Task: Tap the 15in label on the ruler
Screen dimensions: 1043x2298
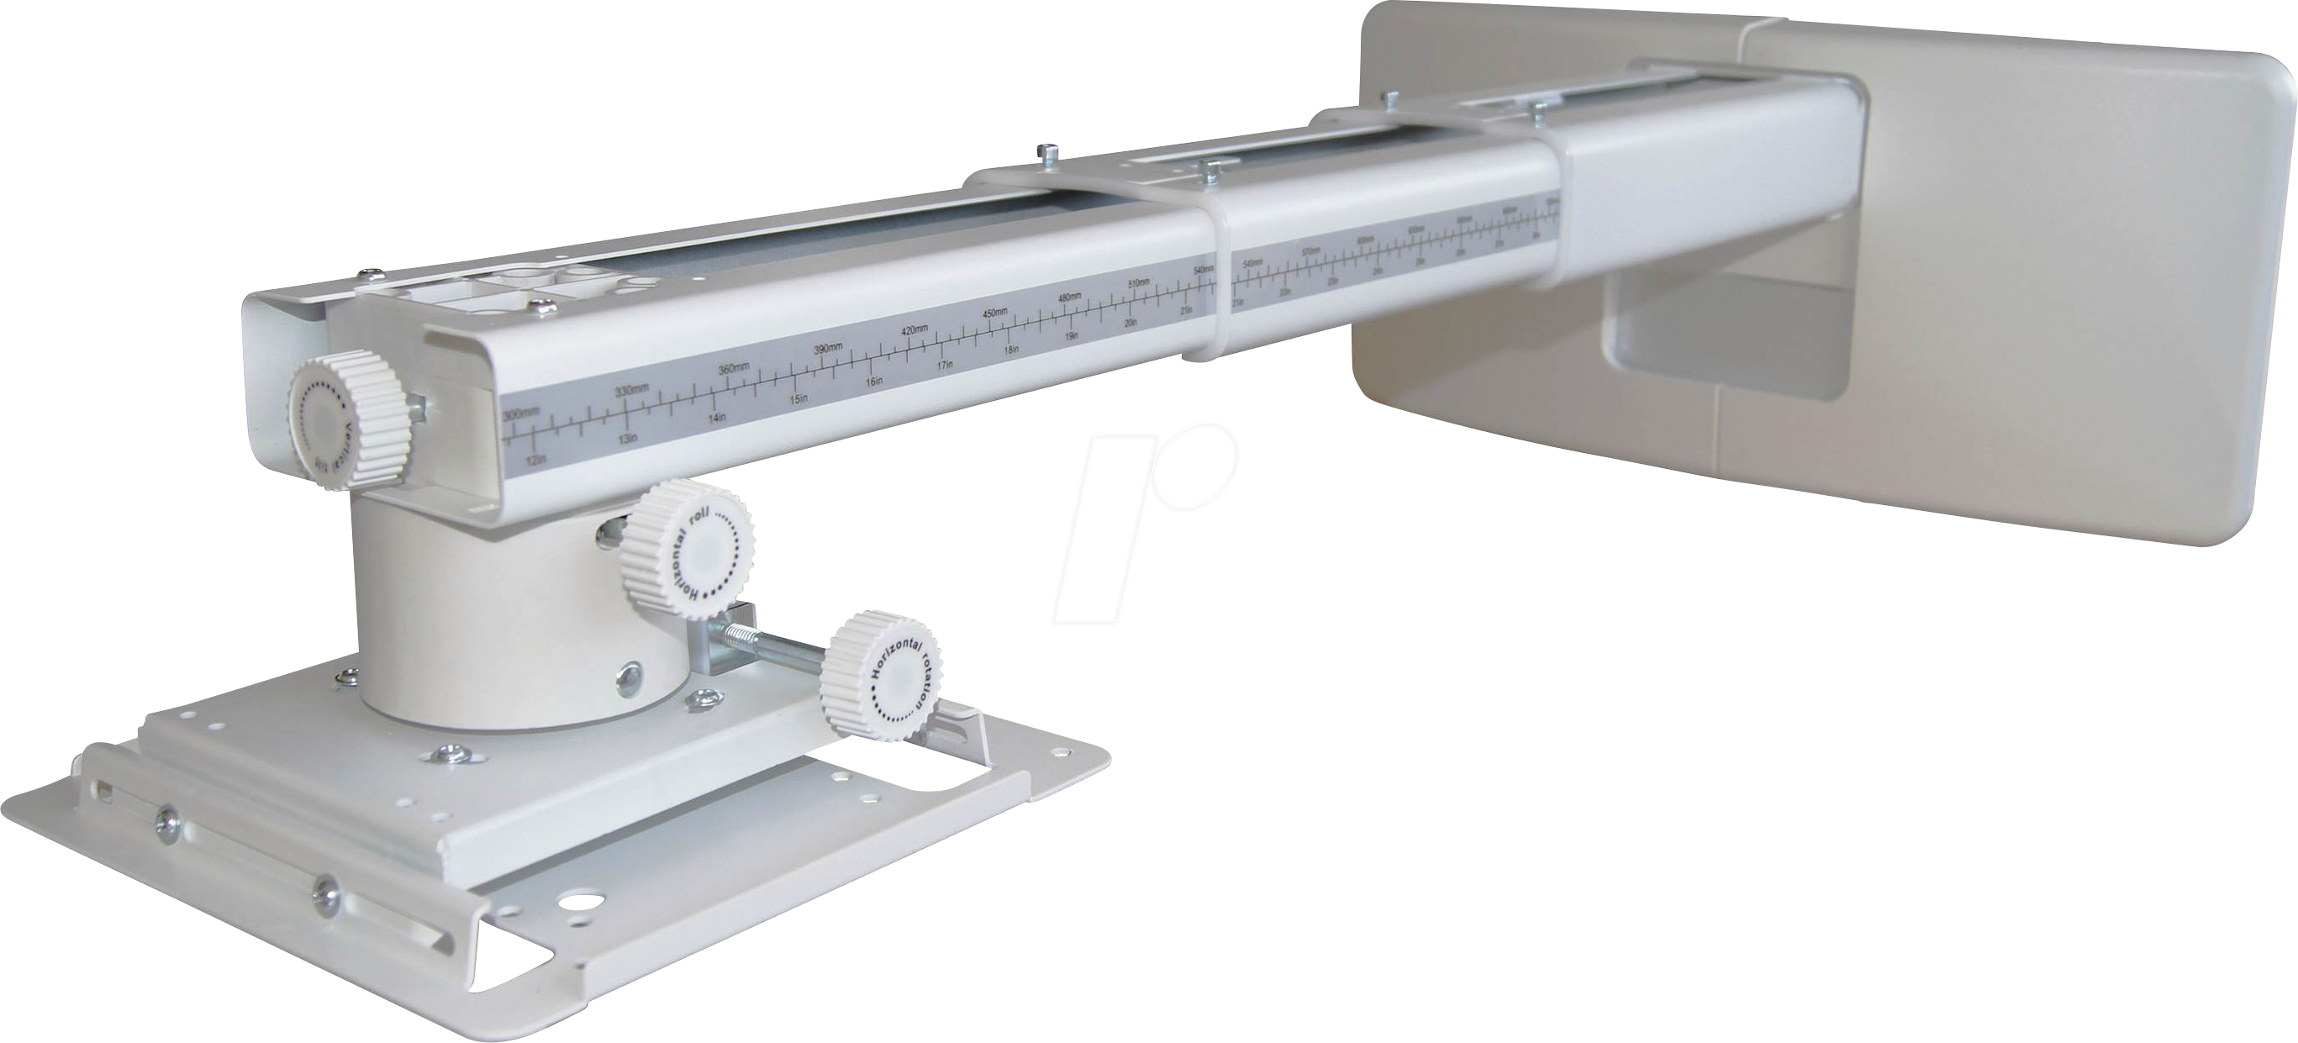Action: (799, 398)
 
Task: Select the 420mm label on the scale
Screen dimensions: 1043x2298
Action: (915, 330)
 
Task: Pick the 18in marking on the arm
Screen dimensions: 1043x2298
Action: (1012, 350)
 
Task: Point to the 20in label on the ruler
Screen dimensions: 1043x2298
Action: (1131, 323)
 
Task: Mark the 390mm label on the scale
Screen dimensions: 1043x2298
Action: (827, 347)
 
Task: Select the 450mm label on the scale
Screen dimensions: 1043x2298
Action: (994, 313)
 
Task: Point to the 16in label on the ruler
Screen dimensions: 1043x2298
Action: (874, 381)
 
